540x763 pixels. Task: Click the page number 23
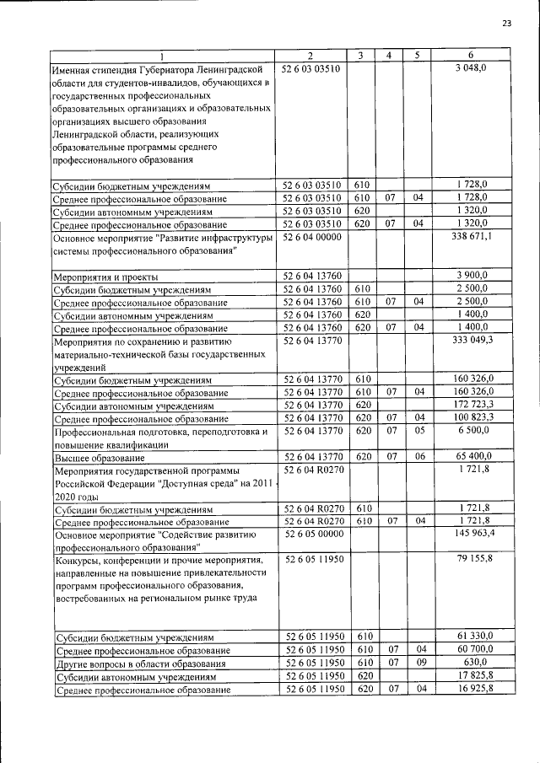click(x=506, y=23)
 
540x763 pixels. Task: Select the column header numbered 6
click(x=472, y=55)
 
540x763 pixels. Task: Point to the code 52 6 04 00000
click(x=311, y=238)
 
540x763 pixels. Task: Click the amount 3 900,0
click(x=472, y=277)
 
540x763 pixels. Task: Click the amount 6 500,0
click(x=472, y=431)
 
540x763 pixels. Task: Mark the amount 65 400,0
click(x=472, y=456)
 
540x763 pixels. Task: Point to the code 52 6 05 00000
click(x=311, y=534)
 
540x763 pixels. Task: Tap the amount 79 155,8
click(x=472, y=559)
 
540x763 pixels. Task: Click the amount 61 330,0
click(x=472, y=636)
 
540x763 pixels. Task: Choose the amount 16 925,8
click(x=472, y=689)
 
